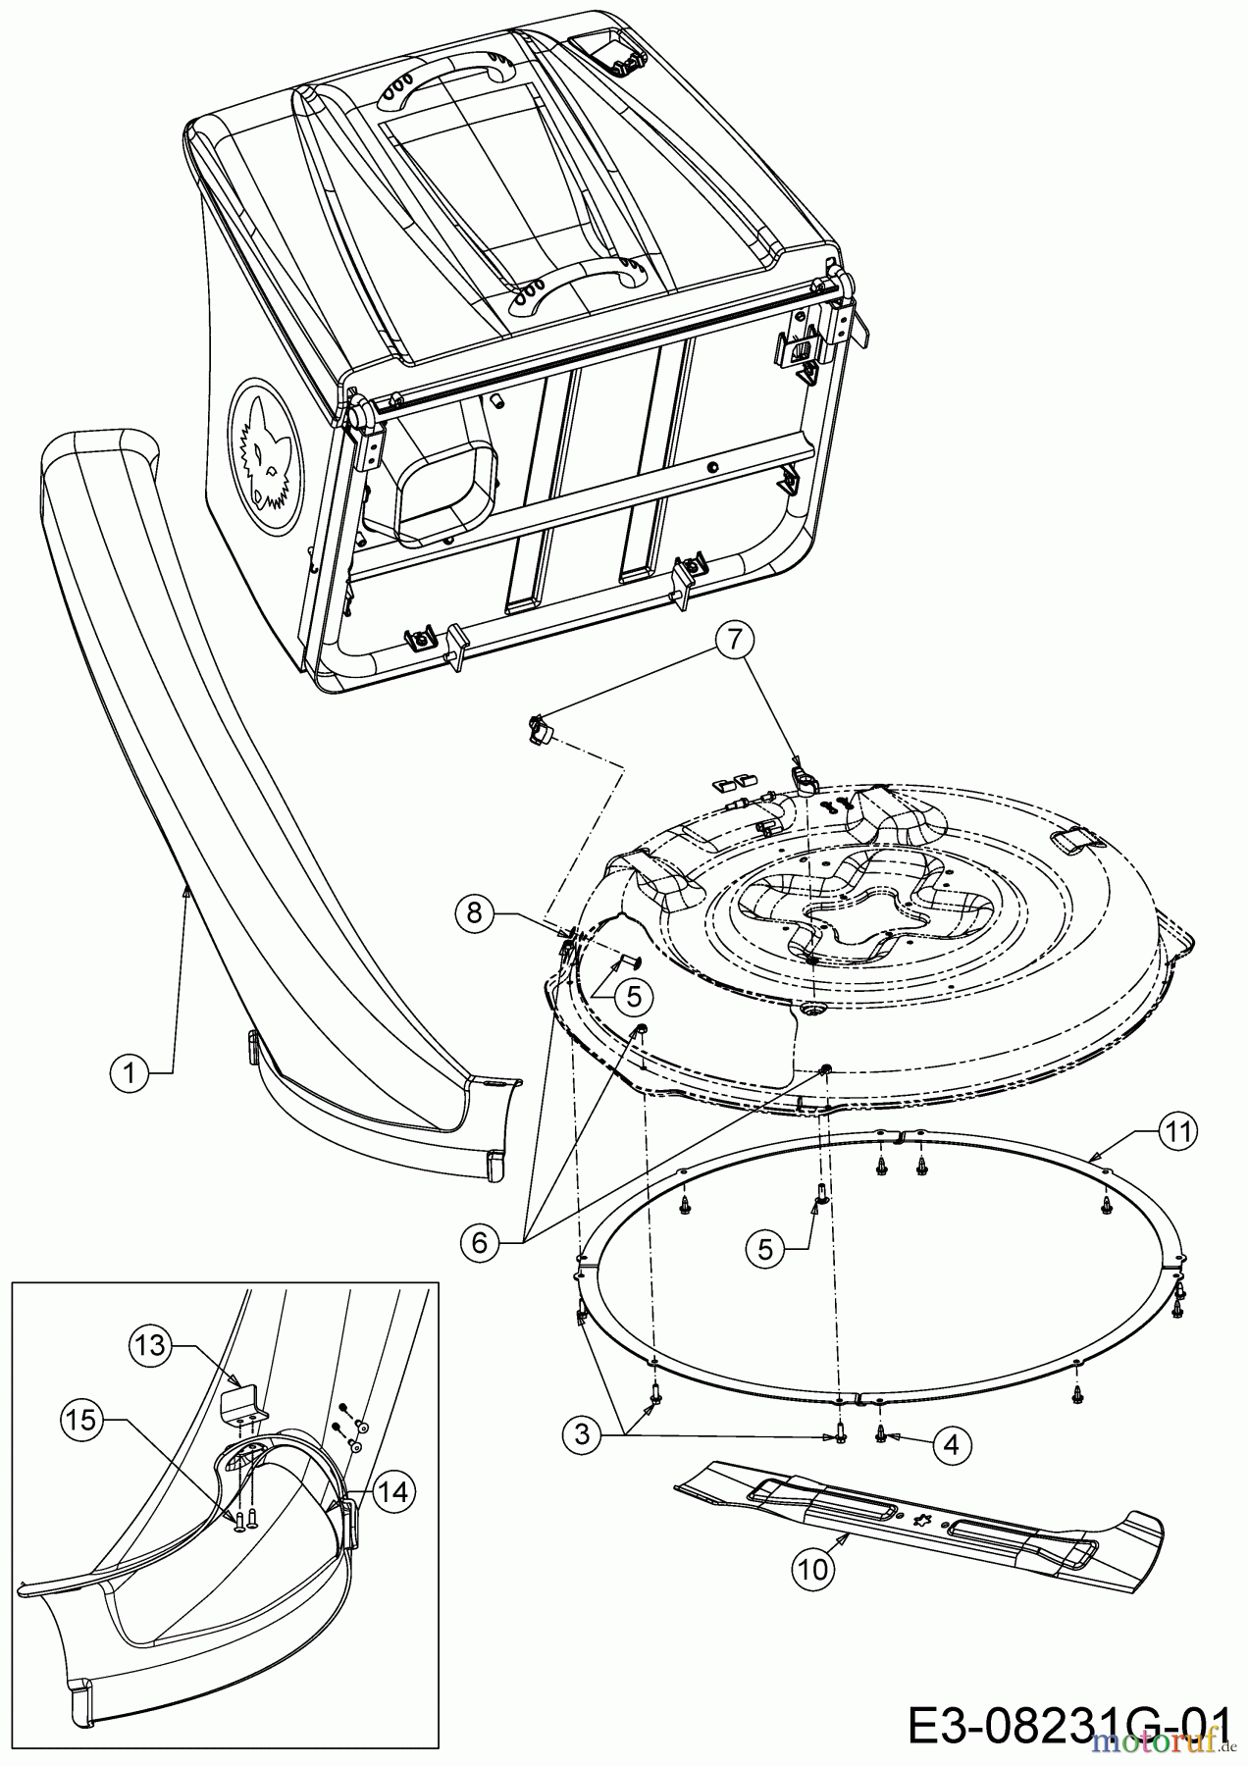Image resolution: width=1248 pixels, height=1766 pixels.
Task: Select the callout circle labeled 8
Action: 475,913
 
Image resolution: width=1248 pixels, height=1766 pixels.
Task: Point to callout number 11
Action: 1177,1132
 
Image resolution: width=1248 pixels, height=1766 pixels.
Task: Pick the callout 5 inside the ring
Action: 765,1248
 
